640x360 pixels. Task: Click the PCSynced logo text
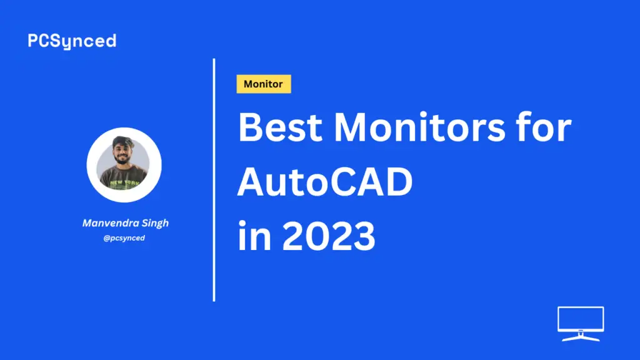(72, 41)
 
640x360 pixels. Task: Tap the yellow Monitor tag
(264, 84)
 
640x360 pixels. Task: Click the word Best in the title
(280, 127)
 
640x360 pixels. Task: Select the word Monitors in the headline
(419, 127)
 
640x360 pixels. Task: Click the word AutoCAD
(325, 182)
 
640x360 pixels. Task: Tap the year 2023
(329, 236)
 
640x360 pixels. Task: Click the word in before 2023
(254, 235)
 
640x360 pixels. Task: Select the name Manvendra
(110, 223)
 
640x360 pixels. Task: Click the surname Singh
(155, 223)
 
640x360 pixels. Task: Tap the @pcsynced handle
(124, 238)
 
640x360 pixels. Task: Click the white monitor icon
(581, 324)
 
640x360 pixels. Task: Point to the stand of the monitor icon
(581, 337)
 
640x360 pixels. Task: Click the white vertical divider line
(214, 180)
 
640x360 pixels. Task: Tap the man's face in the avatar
(122, 154)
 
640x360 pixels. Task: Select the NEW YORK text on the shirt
(125, 182)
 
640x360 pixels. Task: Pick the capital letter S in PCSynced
(55, 41)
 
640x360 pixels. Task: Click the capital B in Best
(249, 127)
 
